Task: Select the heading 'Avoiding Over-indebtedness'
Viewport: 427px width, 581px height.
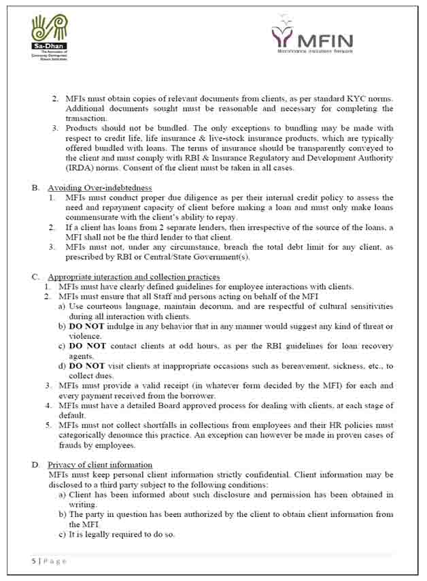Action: click(x=99, y=188)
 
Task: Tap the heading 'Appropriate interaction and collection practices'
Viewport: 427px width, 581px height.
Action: click(x=133, y=277)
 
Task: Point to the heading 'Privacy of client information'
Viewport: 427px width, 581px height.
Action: click(x=99, y=465)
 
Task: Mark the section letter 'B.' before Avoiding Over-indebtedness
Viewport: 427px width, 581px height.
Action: click(x=36, y=188)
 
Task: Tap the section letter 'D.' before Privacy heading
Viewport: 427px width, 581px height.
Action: click(x=36, y=465)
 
